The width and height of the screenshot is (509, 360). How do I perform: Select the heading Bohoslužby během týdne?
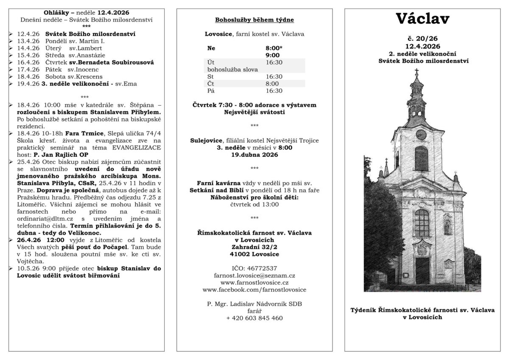tap(255, 20)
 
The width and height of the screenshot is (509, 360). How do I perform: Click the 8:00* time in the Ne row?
tap(274, 48)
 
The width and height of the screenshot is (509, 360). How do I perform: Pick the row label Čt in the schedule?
tap(211, 84)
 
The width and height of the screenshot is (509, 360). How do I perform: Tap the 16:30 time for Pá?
tap(274, 91)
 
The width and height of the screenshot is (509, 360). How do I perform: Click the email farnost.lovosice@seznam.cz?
tap(255, 276)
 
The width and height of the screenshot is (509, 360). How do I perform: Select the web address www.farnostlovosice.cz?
tap(255, 282)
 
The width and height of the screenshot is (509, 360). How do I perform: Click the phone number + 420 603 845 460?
tap(255, 318)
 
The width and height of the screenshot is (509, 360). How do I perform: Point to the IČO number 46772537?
tap(255, 268)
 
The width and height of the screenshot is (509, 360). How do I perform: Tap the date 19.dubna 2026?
tap(255, 155)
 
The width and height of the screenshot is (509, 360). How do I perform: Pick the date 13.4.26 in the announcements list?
tap(29, 41)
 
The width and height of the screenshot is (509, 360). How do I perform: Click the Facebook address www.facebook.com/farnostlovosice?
tap(255, 290)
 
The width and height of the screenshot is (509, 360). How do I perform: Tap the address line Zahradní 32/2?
tap(255, 247)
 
